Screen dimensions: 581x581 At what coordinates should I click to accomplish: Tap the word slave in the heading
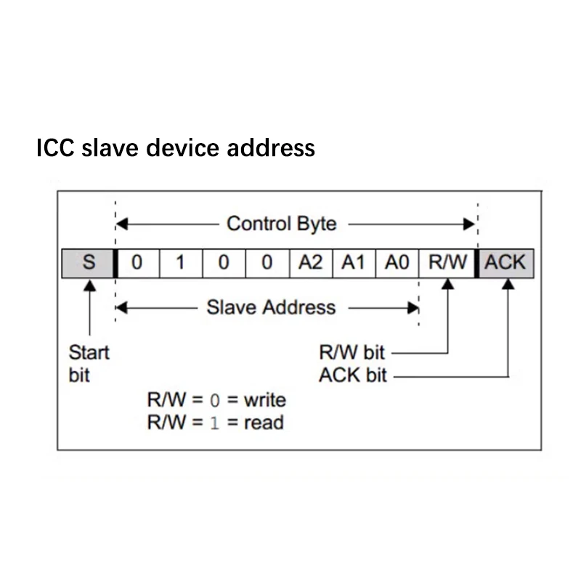(x=113, y=148)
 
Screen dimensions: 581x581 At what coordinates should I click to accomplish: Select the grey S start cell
(x=88, y=262)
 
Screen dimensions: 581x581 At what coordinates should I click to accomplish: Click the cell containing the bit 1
(x=181, y=262)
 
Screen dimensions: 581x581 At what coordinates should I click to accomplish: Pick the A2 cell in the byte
(x=310, y=262)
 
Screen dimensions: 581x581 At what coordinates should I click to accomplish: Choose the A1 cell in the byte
(x=353, y=262)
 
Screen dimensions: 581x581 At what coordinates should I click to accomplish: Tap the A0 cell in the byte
(x=397, y=262)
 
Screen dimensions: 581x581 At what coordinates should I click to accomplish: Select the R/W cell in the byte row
(x=447, y=262)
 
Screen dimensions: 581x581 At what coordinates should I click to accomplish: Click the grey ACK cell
(x=505, y=262)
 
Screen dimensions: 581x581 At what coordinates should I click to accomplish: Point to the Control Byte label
(x=282, y=224)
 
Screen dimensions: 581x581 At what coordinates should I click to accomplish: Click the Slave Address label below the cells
(x=271, y=307)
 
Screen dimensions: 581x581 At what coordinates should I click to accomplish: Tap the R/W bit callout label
(x=352, y=353)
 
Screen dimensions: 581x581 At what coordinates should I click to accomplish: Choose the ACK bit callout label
(x=353, y=375)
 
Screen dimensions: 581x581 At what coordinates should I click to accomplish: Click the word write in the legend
(x=264, y=399)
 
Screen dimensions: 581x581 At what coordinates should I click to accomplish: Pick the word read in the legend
(x=263, y=422)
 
